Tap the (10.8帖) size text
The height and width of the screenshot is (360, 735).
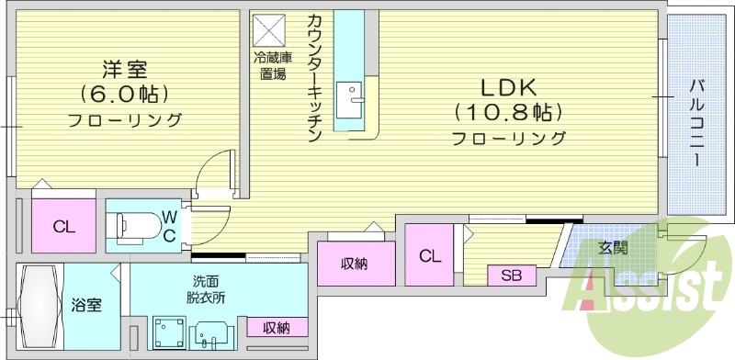507,112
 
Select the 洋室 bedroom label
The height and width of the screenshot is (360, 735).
123,69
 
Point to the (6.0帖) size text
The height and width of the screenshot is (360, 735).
123,94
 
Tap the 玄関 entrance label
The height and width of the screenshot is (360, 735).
613,247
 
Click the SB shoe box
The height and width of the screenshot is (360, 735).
512,275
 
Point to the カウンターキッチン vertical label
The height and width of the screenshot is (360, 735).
314,78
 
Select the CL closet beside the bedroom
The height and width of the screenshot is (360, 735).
63,226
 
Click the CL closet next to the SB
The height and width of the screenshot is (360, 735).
430,256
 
